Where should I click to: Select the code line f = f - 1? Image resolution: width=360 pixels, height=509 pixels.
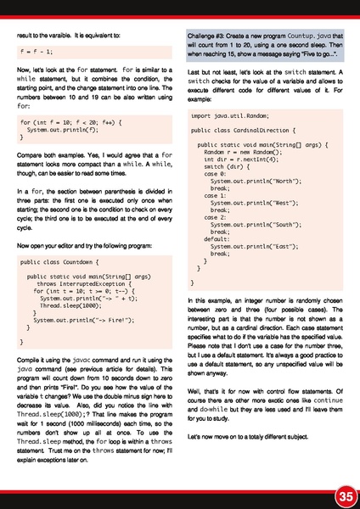(x=41, y=51)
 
